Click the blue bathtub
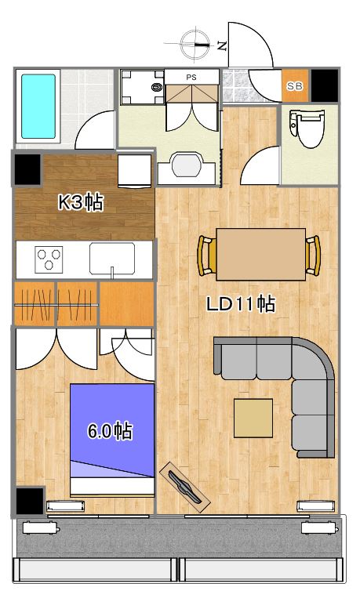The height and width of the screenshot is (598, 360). coord(38,106)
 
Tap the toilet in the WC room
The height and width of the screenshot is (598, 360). coord(307,129)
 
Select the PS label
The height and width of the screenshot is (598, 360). coord(191,77)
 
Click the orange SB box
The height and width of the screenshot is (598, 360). coord(295,85)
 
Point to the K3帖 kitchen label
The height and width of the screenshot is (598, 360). coord(81,202)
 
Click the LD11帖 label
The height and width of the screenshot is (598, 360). coord(241,304)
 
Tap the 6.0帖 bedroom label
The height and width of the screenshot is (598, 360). coord(110,431)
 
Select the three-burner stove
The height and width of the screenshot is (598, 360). coord(49,259)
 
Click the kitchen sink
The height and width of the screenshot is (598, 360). coord(112,258)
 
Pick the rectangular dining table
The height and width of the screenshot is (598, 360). coord(260,255)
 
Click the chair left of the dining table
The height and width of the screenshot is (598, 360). coord(207,256)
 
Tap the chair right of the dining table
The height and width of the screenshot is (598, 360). coord(313,256)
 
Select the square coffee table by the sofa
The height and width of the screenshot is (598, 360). coord(253,418)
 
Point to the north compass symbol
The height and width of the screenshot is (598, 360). coord(198,44)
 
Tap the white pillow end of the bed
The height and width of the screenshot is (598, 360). coord(112,486)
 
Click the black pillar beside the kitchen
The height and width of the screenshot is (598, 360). coord(27,169)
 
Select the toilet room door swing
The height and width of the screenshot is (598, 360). coord(260,165)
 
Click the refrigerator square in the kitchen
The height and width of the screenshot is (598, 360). coord(134,171)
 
